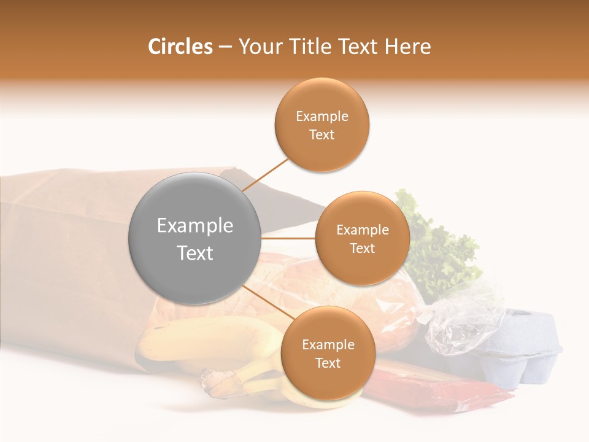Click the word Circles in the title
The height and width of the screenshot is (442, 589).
point(180,47)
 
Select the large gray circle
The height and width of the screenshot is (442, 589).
point(194,238)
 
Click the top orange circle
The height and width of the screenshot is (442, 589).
point(322,125)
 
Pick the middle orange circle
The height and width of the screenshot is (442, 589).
point(362,238)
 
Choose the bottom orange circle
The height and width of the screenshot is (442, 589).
point(328,353)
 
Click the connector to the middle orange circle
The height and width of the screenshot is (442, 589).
point(288,238)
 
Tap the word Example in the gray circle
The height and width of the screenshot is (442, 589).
point(194,226)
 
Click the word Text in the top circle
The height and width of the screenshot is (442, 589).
point(321,134)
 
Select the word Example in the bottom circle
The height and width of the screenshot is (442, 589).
point(328,344)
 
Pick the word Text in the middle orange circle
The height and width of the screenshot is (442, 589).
point(362,248)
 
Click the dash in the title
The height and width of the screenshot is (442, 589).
point(225,47)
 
